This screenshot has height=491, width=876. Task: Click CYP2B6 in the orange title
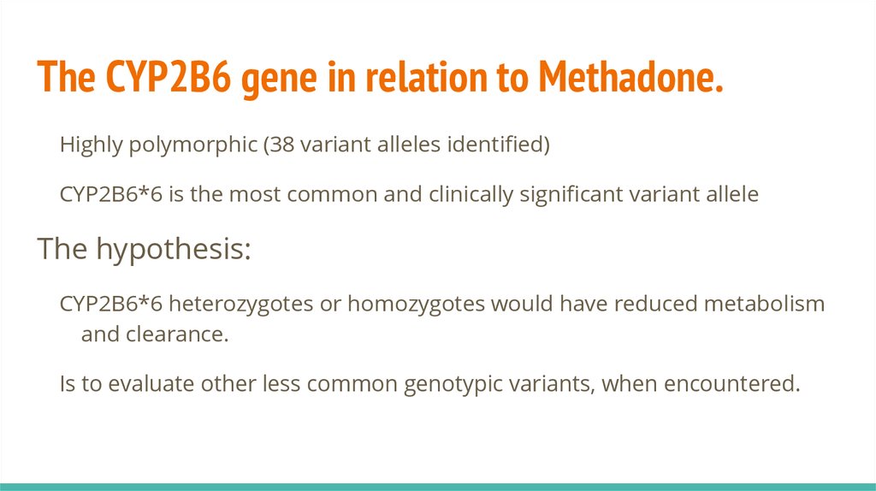pyautogui.click(x=168, y=76)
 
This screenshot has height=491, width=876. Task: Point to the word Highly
pyautogui.click(x=91, y=145)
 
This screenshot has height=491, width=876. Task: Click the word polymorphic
pyautogui.click(x=192, y=145)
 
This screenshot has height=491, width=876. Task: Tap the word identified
pyautogui.click(x=495, y=144)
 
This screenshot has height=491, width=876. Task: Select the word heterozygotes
pyautogui.click(x=240, y=305)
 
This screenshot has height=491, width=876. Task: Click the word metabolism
pyautogui.click(x=764, y=304)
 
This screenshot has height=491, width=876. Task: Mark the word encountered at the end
pyautogui.click(x=732, y=383)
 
